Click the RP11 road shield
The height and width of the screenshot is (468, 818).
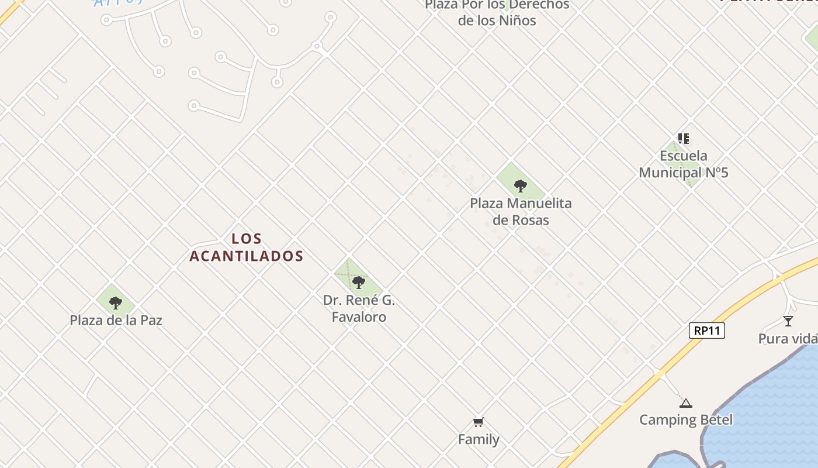tap(707, 331)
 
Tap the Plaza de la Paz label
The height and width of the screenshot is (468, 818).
tap(116, 321)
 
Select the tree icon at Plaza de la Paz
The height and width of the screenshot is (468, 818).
tap(116, 302)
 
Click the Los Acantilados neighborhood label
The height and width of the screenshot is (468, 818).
tap(247, 247)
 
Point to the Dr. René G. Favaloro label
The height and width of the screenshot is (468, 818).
tap(359, 309)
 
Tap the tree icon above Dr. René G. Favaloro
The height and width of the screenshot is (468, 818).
tap(359, 283)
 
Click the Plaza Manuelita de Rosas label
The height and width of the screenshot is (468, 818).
tap(521, 212)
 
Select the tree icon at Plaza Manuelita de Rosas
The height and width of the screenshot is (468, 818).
tap(520, 186)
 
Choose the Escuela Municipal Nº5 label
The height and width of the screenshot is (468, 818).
tap(683, 164)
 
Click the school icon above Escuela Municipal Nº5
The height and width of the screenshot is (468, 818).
tap(684, 139)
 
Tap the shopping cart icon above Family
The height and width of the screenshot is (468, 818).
tap(479, 422)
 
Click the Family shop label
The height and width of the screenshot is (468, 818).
tap(479, 439)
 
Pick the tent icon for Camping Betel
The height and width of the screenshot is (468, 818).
tap(686, 402)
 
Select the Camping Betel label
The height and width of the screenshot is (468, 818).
tap(686, 419)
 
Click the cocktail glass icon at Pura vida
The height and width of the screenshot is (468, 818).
tap(788, 321)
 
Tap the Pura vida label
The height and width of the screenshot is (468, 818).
tap(788, 339)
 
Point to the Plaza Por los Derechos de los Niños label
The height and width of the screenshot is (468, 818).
tap(497, 13)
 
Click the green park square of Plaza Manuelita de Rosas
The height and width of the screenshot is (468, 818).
tap(508, 175)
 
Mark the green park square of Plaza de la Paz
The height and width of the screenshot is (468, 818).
tap(105, 298)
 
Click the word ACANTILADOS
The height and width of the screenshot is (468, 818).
tap(247, 256)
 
